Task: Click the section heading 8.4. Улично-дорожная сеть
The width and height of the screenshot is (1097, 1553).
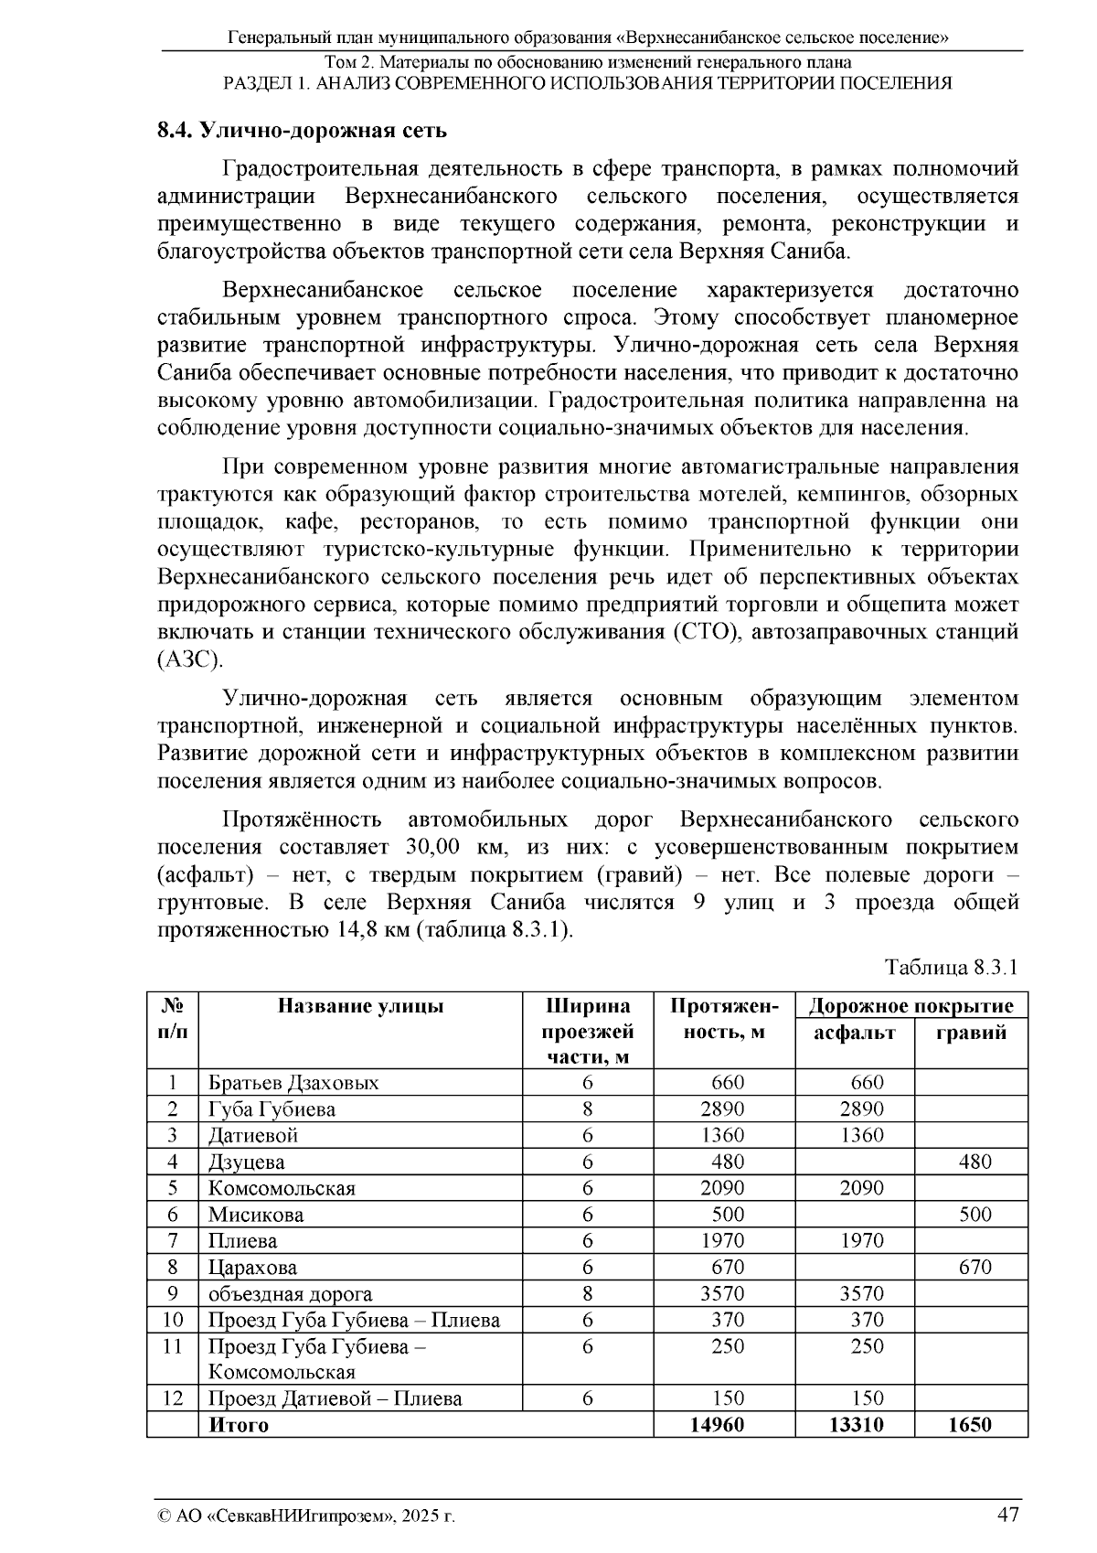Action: [302, 130]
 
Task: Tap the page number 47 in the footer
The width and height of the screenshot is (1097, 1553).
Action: [1006, 1514]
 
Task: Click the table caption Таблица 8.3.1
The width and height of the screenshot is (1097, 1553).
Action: [950, 968]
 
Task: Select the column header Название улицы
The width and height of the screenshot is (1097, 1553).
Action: [360, 1006]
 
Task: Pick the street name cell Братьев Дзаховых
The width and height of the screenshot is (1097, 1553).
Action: [293, 1083]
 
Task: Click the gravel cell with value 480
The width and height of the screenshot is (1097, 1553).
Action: [975, 1162]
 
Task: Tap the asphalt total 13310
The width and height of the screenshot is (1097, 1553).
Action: [855, 1425]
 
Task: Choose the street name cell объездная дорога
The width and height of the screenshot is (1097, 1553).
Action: [290, 1294]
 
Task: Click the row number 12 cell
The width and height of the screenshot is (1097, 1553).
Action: [172, 1398]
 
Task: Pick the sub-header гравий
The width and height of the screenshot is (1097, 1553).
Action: [972, 1033]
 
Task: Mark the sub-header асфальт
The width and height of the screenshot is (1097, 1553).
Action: [855, 1033]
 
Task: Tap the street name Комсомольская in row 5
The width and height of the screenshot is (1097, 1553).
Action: [282, 1188]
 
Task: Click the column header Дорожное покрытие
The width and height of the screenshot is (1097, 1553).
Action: [911, 1006]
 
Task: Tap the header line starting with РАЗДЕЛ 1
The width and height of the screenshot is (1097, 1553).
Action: [588, 83]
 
